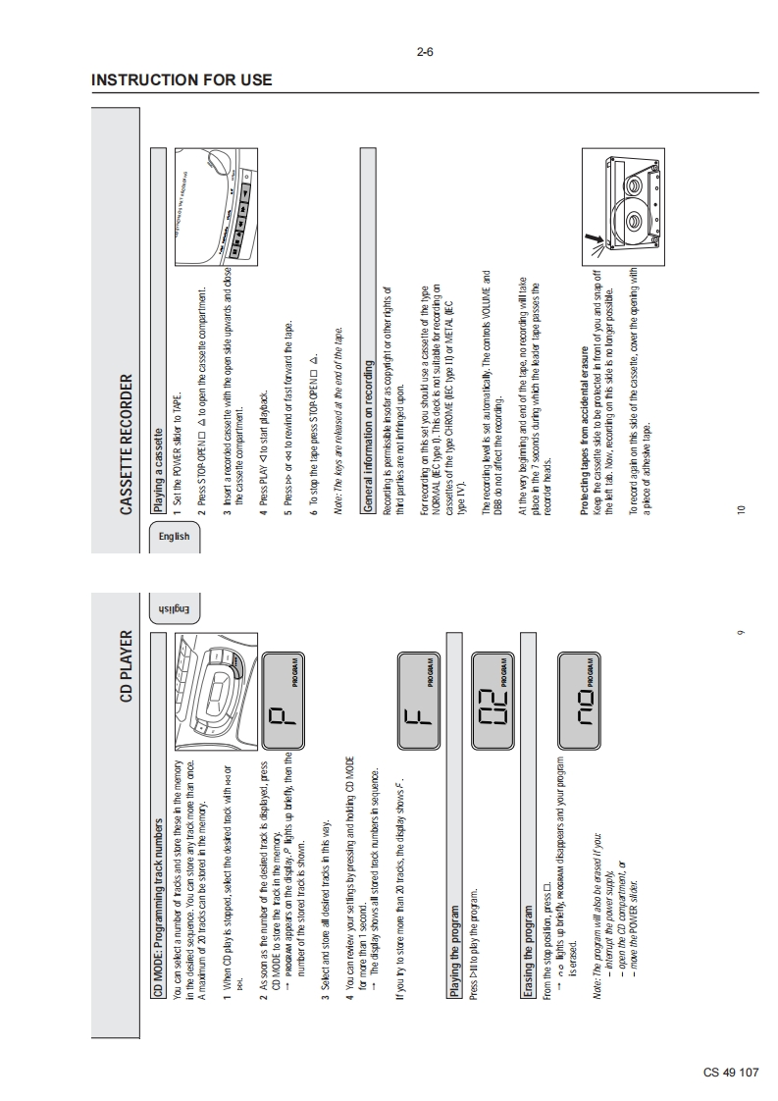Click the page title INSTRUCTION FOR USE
pos(182,79)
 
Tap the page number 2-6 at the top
pos(425,53)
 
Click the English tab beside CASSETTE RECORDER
pos(176,536)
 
